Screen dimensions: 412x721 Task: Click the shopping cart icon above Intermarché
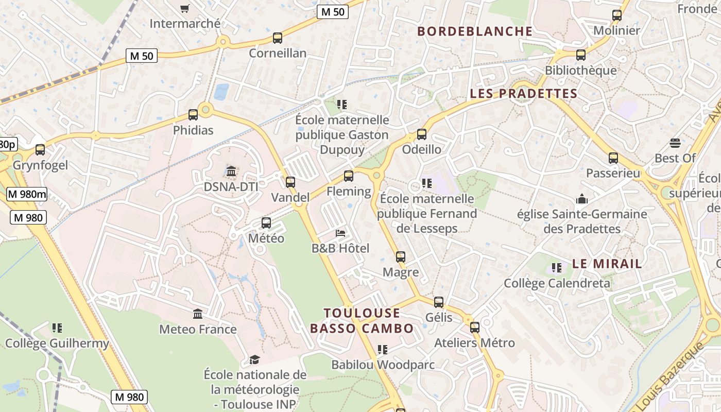[x=185, y=8]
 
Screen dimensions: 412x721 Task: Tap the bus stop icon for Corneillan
[x=278, y=38]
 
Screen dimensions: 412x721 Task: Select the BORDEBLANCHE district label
[x=475, y=31]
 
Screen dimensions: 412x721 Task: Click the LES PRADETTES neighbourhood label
[x=524, y=93]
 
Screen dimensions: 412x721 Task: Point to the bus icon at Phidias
[x=193, y=115]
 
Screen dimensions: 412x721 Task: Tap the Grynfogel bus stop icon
[x=40, y=150]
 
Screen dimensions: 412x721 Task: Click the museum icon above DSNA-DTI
[x=231, y=171]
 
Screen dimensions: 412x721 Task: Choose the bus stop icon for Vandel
[x=290, y=182]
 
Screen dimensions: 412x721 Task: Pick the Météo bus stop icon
[x=266, y=223]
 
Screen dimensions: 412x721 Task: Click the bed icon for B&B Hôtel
[x=340, y=233]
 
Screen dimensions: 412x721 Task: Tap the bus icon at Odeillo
[x=422, y=134]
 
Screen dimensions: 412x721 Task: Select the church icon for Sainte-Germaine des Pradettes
[x=582, y=199]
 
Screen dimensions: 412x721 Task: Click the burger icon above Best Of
[x=675, y=143]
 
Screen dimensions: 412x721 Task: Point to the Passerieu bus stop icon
[x=613, y=158]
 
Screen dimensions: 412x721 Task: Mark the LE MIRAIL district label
[x=607, y=264]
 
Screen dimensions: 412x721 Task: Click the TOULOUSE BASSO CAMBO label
[x=362, y=320]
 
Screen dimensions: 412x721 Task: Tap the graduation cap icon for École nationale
[x=254, y=359]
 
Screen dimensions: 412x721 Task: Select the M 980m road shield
[x=27, y=194]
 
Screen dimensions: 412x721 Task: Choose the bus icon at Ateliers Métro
[x=475, y=328]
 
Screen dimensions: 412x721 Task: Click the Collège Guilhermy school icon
[x=57, y=328]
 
